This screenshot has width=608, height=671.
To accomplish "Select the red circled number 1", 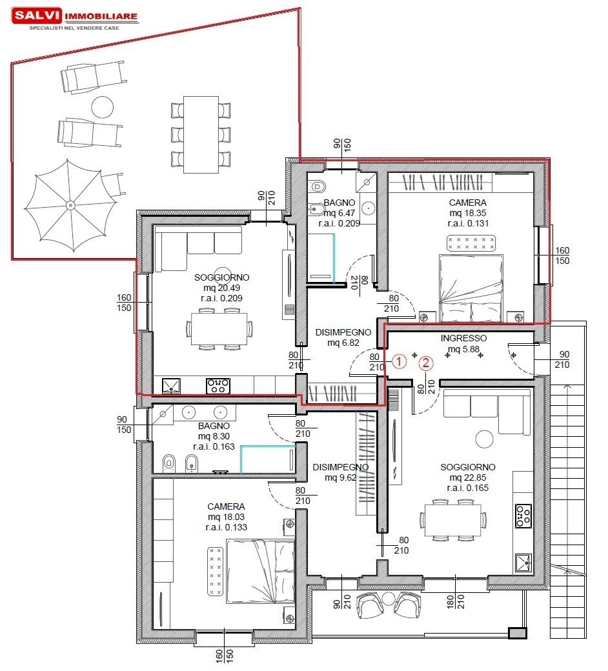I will [x=400, y=362].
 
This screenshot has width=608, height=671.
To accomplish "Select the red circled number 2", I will [x=425, y=362].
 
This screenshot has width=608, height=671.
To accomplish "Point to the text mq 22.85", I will [x=468, y=477].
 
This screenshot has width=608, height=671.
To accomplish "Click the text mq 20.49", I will [x=221, y=288].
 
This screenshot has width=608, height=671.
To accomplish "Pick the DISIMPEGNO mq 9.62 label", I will [x=340, y=472].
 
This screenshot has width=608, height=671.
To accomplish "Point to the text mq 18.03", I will [x=226, y=517].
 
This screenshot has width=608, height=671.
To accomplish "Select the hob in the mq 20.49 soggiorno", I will [x=218, y=386].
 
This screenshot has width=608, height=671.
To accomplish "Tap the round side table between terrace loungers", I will [x=102, y=106].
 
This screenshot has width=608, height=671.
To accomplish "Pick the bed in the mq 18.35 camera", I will [x=471, y=288].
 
